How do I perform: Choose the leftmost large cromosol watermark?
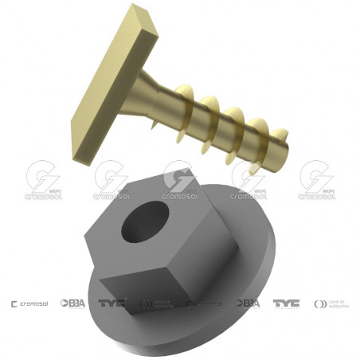click(43, 182)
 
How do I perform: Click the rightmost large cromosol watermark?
click(316, 182)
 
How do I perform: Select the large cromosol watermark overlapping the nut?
click(180, 182)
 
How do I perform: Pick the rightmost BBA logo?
click(248, 303)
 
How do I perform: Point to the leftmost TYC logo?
click(112, 303)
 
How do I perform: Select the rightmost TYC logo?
click(286, 303)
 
